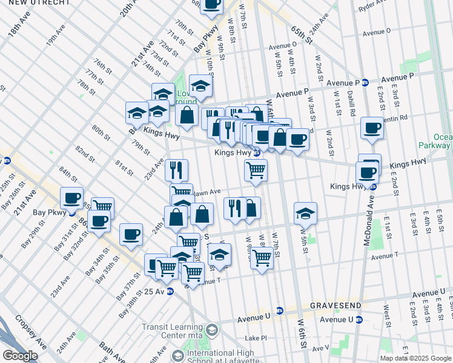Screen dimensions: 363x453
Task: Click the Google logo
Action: [x=20, y=356]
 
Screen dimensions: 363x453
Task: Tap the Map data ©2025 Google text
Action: [x=415, y=358]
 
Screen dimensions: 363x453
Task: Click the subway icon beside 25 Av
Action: [x=170, y=291]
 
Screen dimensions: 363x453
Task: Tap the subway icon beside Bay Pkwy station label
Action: [x=71, y=213]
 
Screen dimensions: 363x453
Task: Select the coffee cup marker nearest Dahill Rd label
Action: [x=372, y=128]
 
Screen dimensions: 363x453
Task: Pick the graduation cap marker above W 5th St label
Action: [x=306, y=213]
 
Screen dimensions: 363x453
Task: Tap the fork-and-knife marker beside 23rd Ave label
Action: [x=177, y=170]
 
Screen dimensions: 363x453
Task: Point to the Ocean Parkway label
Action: [x=436, y=141]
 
